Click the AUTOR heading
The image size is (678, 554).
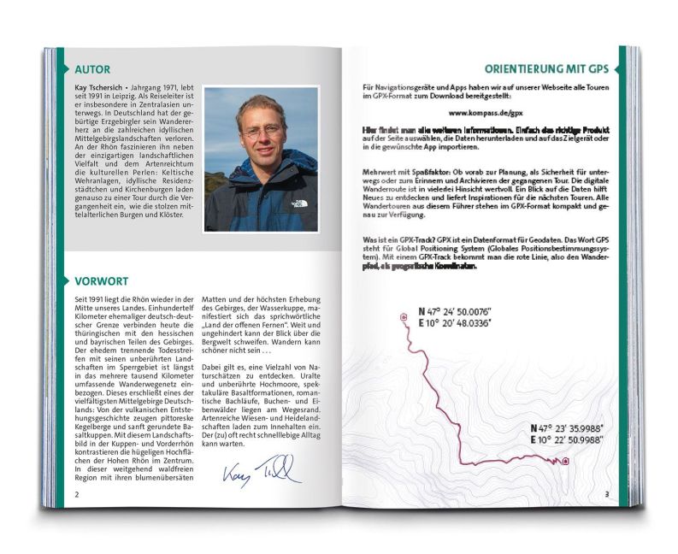(x=91, y=68)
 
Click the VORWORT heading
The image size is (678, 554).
(x=101, y=280)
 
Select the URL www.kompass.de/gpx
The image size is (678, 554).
(x=485, y=112)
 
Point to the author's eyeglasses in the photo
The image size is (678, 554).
(x=262, y=132)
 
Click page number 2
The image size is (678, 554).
(x=77, y=494)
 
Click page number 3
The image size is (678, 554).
(x=606, y=493)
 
